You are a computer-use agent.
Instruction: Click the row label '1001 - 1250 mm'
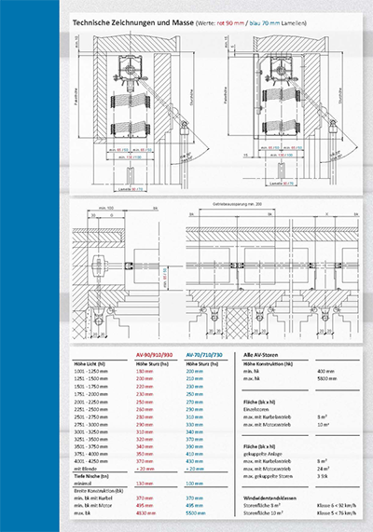[x=90, y=373]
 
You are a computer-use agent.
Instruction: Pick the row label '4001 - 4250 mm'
[x=90, y=462]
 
